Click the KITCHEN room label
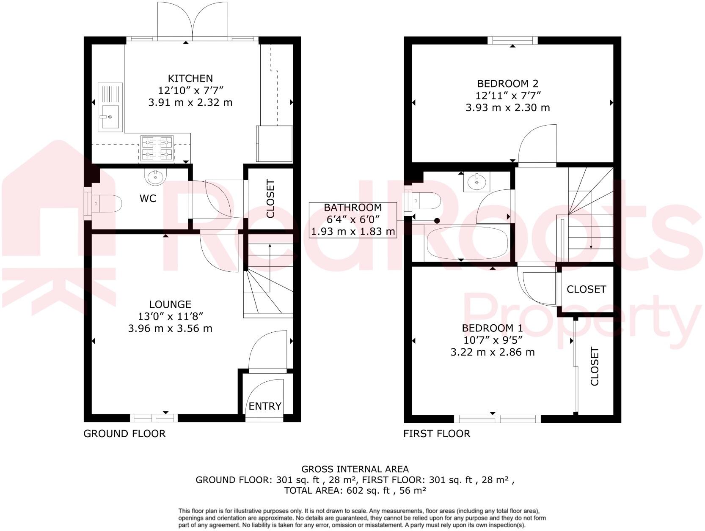pyautogui.click(x=190, y=79)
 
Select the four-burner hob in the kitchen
pyautogui.click(x=157, y=149)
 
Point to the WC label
pyautogui.click(x=148, y=198)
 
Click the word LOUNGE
pyautogui.click(x=170, y=304)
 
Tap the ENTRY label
pyautogui.click(x=265, y=406)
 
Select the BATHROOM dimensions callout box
pyautogui.click(x=353, y=220)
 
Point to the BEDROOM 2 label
pyautogui.click(x=508, y=84)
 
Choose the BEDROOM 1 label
pyautogui.click(x=492, y=328)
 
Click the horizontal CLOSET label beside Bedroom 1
pyautogui.click(x=586, y=289)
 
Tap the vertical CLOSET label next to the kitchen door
pyautogui.click(x=270, y=199)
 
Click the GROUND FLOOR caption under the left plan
pyautogui.click(x=124, y=434)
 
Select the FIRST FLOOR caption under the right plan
pyautogui.click(x=437, y=434)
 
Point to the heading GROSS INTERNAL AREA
pyautogui.click(x=355, y=469)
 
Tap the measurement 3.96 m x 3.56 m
pyautogui.click(x=170, y=328)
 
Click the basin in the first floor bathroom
pyautogui.click(x=477, y=182)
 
